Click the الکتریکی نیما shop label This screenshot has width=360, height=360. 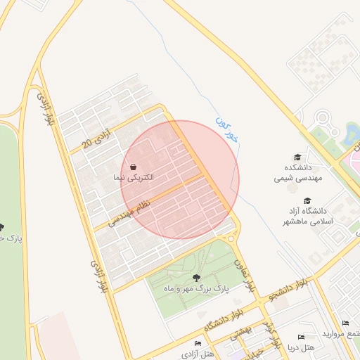pos(133,179)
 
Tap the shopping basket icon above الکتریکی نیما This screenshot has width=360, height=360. pos(133,167)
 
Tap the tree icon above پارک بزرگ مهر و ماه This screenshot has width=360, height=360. pos(195,277)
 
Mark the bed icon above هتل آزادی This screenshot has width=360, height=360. pos(198,343)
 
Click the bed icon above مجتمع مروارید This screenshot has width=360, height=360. pos(345,323)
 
